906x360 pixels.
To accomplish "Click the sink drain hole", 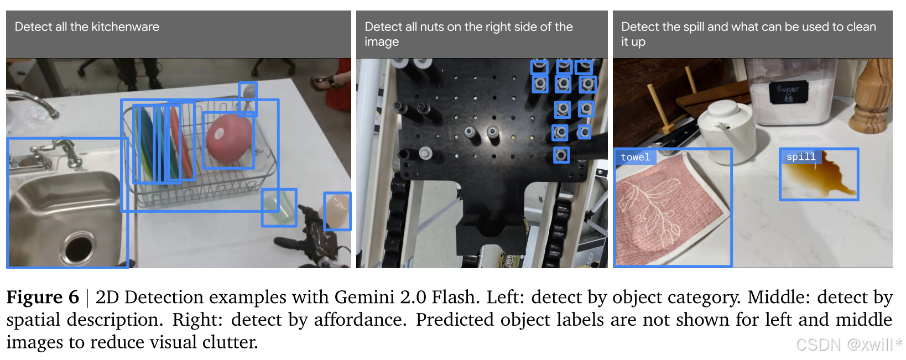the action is tap(79, 247).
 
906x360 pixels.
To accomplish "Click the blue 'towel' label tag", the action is tap(635, 158).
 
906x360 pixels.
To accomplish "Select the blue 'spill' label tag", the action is tap(800, 157).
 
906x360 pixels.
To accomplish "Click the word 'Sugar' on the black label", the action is tap(788, 88).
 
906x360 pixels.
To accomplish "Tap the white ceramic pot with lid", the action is tap(725, 131).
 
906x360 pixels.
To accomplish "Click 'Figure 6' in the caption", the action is tap(43, 298).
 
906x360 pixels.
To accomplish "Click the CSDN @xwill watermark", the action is tap(846, 345).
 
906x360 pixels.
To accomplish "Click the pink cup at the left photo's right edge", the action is tap(337, 210).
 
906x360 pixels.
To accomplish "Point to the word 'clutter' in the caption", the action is tap(230, 342).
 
